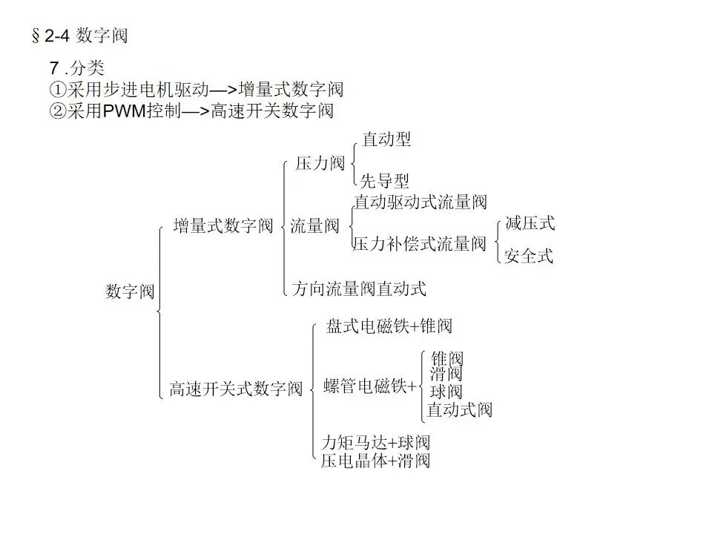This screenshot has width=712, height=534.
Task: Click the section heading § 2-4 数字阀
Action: tap(80, 36)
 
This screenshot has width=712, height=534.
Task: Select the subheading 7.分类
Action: tap(76, 68)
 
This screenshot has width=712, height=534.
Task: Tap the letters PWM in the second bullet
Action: tap(125, 111)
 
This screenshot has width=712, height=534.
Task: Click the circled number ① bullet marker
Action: tap(58, 89)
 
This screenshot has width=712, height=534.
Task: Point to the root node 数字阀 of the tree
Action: tap(130, 291)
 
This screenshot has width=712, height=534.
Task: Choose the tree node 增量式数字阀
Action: tap(223, 225)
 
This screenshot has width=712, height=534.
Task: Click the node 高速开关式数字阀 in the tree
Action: tap(236, 389)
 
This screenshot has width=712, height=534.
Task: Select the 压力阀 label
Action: tap(320, 163)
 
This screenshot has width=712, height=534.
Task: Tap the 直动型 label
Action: tap(386, 139)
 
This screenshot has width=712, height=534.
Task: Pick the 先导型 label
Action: tap(385, 181)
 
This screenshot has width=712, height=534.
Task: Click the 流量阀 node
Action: tap(314, 225)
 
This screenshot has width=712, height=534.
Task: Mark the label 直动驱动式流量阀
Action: tap(421, 202)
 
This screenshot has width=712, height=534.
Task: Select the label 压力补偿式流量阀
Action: tap(420, 244)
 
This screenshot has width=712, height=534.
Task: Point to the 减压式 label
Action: tap(530, 223)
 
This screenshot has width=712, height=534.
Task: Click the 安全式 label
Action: tap(529, 256)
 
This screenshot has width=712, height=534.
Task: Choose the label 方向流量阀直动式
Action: tap(359, 289)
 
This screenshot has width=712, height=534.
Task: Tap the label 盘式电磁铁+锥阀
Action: tap(389, 326)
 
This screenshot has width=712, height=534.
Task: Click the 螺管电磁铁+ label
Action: tap(369, 386)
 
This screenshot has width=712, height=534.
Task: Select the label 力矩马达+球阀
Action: tap(375, 442)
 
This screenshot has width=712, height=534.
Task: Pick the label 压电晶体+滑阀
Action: tap(375, 461)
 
